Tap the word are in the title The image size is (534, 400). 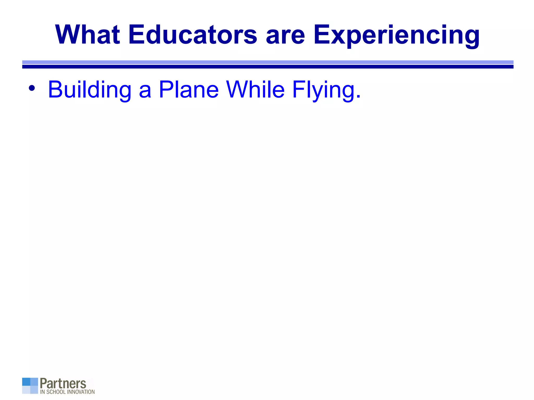point(285,35)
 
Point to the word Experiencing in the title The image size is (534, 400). point(396,35)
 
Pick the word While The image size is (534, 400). point(255,89)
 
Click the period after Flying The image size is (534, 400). point(359,97)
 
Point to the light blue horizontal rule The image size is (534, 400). point(268,62)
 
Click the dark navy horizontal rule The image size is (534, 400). point(268,67)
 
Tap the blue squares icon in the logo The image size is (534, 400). point(30,386)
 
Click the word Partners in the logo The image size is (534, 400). point(63,384)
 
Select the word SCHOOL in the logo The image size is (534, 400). point(56,392)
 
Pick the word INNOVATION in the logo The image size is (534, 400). point(81,392)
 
